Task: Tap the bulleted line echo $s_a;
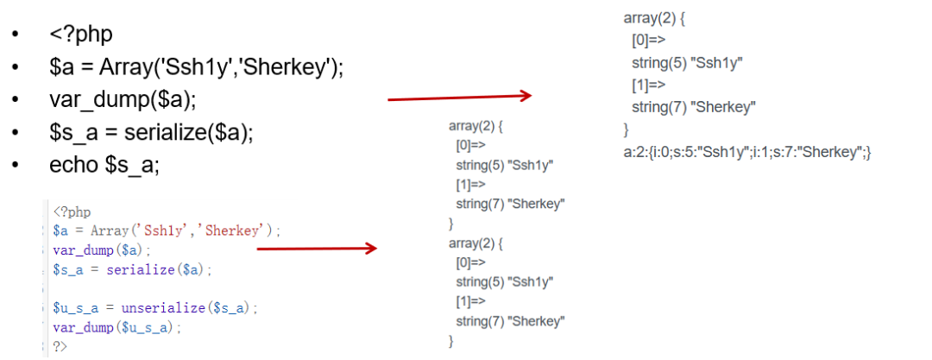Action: point(104,165)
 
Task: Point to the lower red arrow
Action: point(317,249)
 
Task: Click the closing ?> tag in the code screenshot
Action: point(60,346)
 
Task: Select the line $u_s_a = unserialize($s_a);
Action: point(154,307)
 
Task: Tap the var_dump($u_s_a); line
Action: point(117,327)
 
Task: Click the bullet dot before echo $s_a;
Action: point(16,165)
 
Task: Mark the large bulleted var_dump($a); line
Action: point(123,99)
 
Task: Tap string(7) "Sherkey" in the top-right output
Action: point(694,107)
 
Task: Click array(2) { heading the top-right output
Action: point(658,17)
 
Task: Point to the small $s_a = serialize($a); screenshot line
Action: point(131,269)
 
